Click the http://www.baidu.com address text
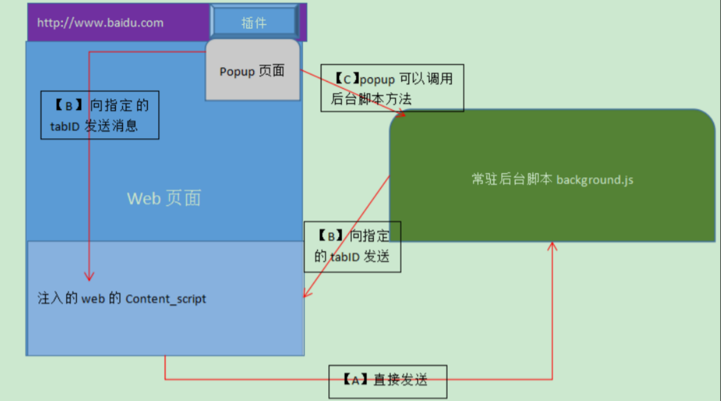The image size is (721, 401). pyautogui.click(x=100, y=23)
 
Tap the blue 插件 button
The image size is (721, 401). pyautogui.click(x=254, y=23)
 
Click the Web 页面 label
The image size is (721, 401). pyautogui.click(x=164, y=198)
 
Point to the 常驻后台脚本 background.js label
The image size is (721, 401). pyautogui.click(x=552, y=179)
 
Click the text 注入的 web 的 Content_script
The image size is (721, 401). pyautogui.click(x=122, y=299)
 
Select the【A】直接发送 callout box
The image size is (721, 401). pyautogui.click(x=388, y=381)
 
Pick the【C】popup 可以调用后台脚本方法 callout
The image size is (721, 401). pyautogui.click(x=392, y=88)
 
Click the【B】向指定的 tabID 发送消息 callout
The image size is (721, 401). pyautogui.click(x=99, y=115)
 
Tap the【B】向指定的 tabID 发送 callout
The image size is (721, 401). pyautogui.click(x=352, y=246)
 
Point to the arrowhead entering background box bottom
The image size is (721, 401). pyautogui.click(x=552, y=246)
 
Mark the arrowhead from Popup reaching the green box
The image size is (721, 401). pyautogui.click(x=401, y=114)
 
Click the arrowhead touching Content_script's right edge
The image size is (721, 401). pyautogui.click(x=307, y=294)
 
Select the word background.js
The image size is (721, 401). pyautogui.click(x=595, y=180)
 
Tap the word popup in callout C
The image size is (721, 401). pyautogui.click(x=377, y=80)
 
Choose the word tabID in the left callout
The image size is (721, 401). pyautogui.click(x=65, y=127)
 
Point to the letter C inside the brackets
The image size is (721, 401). pyautogui.click(x=347, y=80)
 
